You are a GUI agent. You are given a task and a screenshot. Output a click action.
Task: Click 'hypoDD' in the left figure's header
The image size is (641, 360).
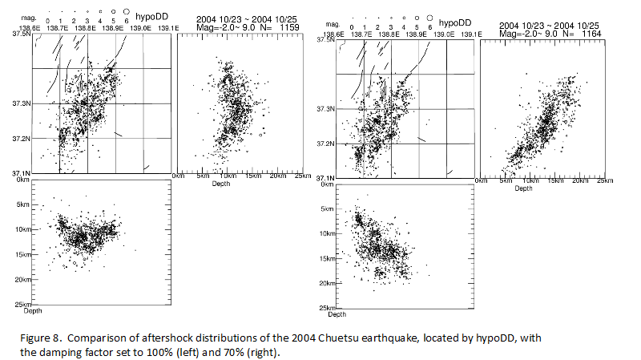tap(151, 18)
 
